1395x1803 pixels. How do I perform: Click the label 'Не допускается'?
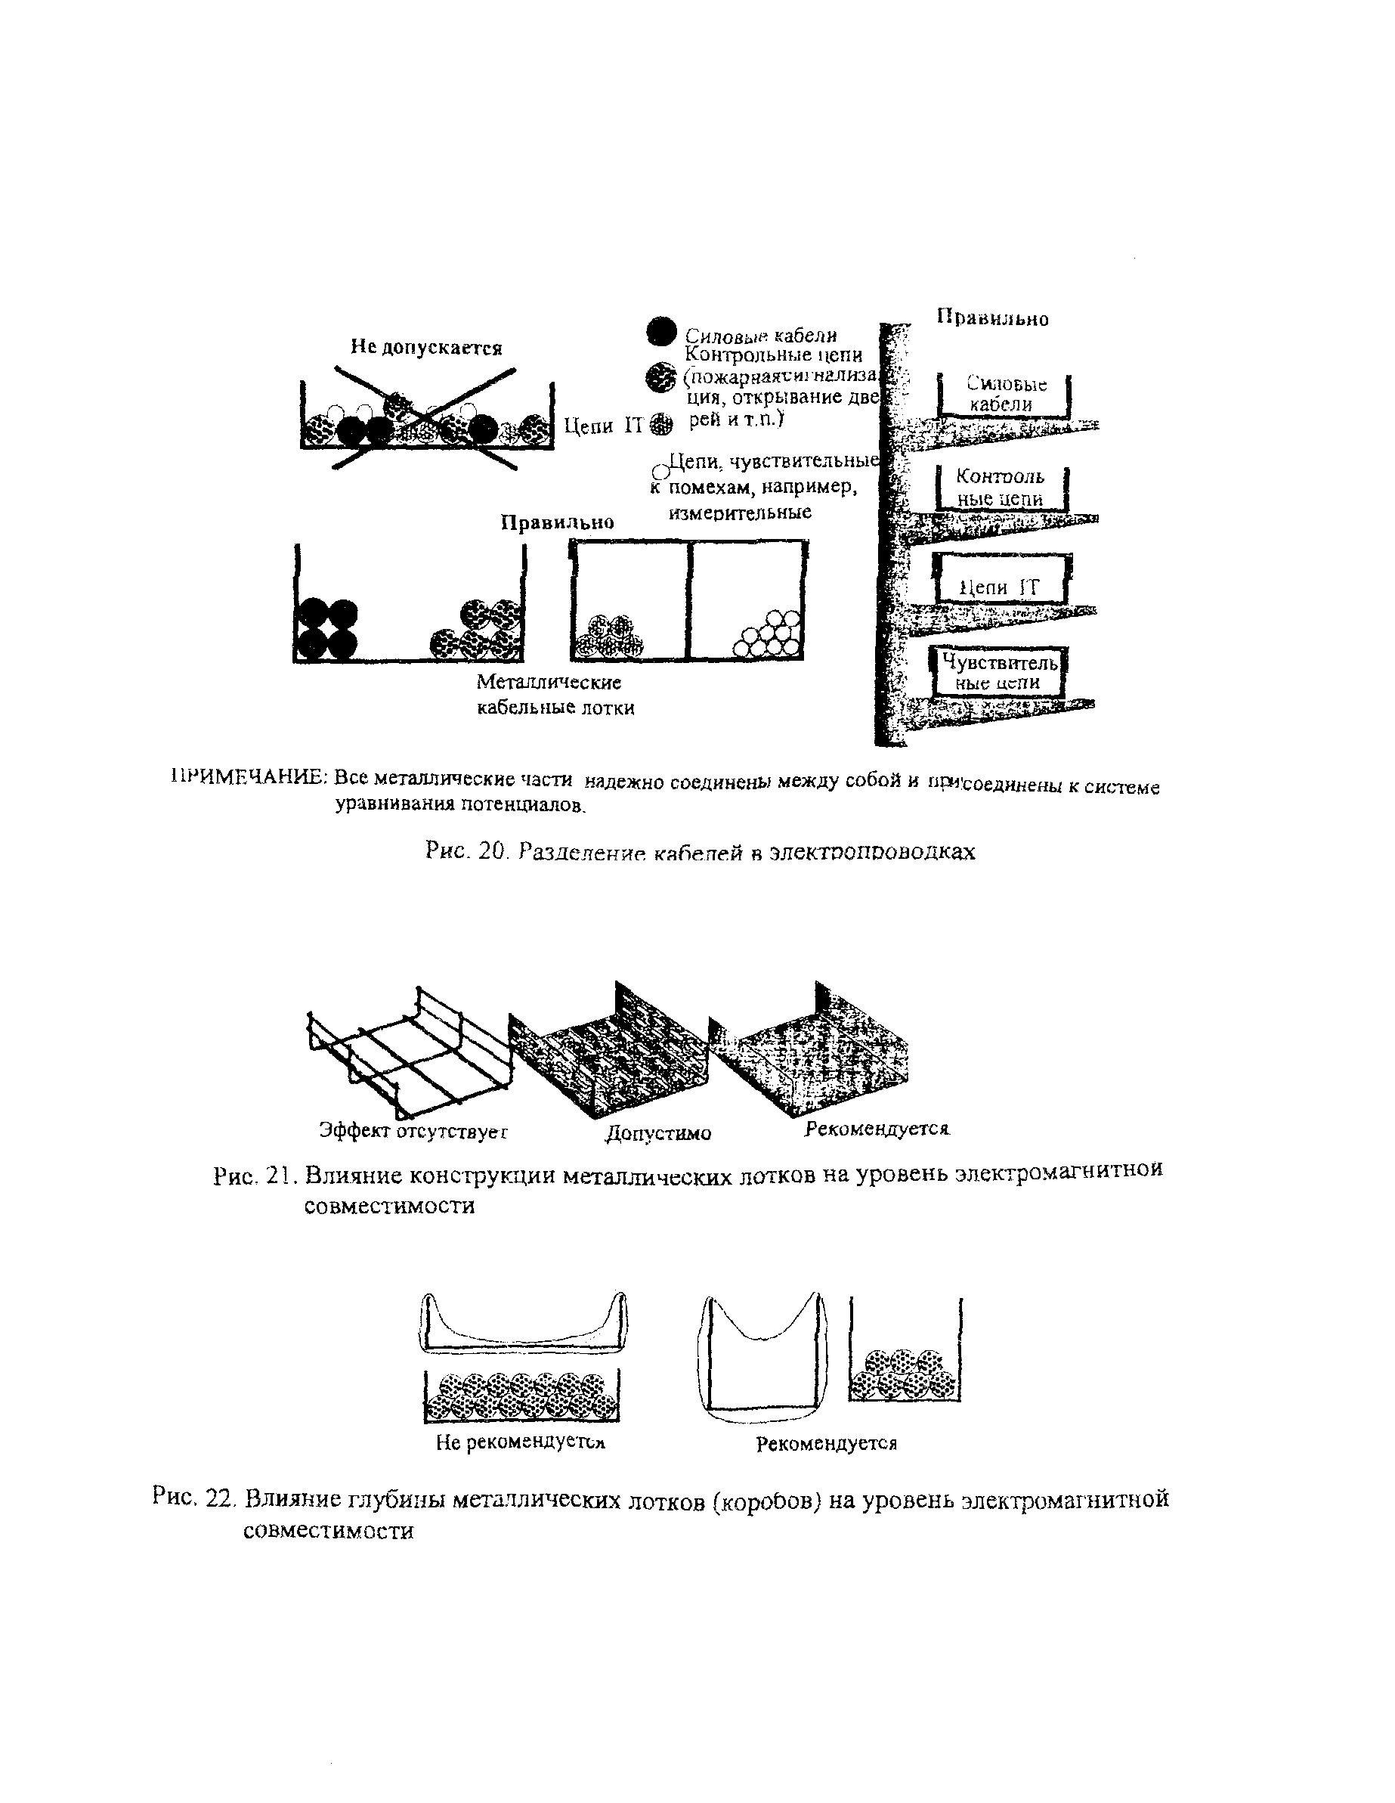click(426, 347)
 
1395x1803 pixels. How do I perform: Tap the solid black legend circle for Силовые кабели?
click(661, 332)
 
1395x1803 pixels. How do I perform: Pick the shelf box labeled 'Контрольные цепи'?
click(1001, 488)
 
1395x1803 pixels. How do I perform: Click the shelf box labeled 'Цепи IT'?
click(1001, 580)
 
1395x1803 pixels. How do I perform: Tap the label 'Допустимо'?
click(658, 1133)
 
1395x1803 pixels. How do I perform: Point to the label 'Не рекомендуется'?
click(521, 1443)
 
